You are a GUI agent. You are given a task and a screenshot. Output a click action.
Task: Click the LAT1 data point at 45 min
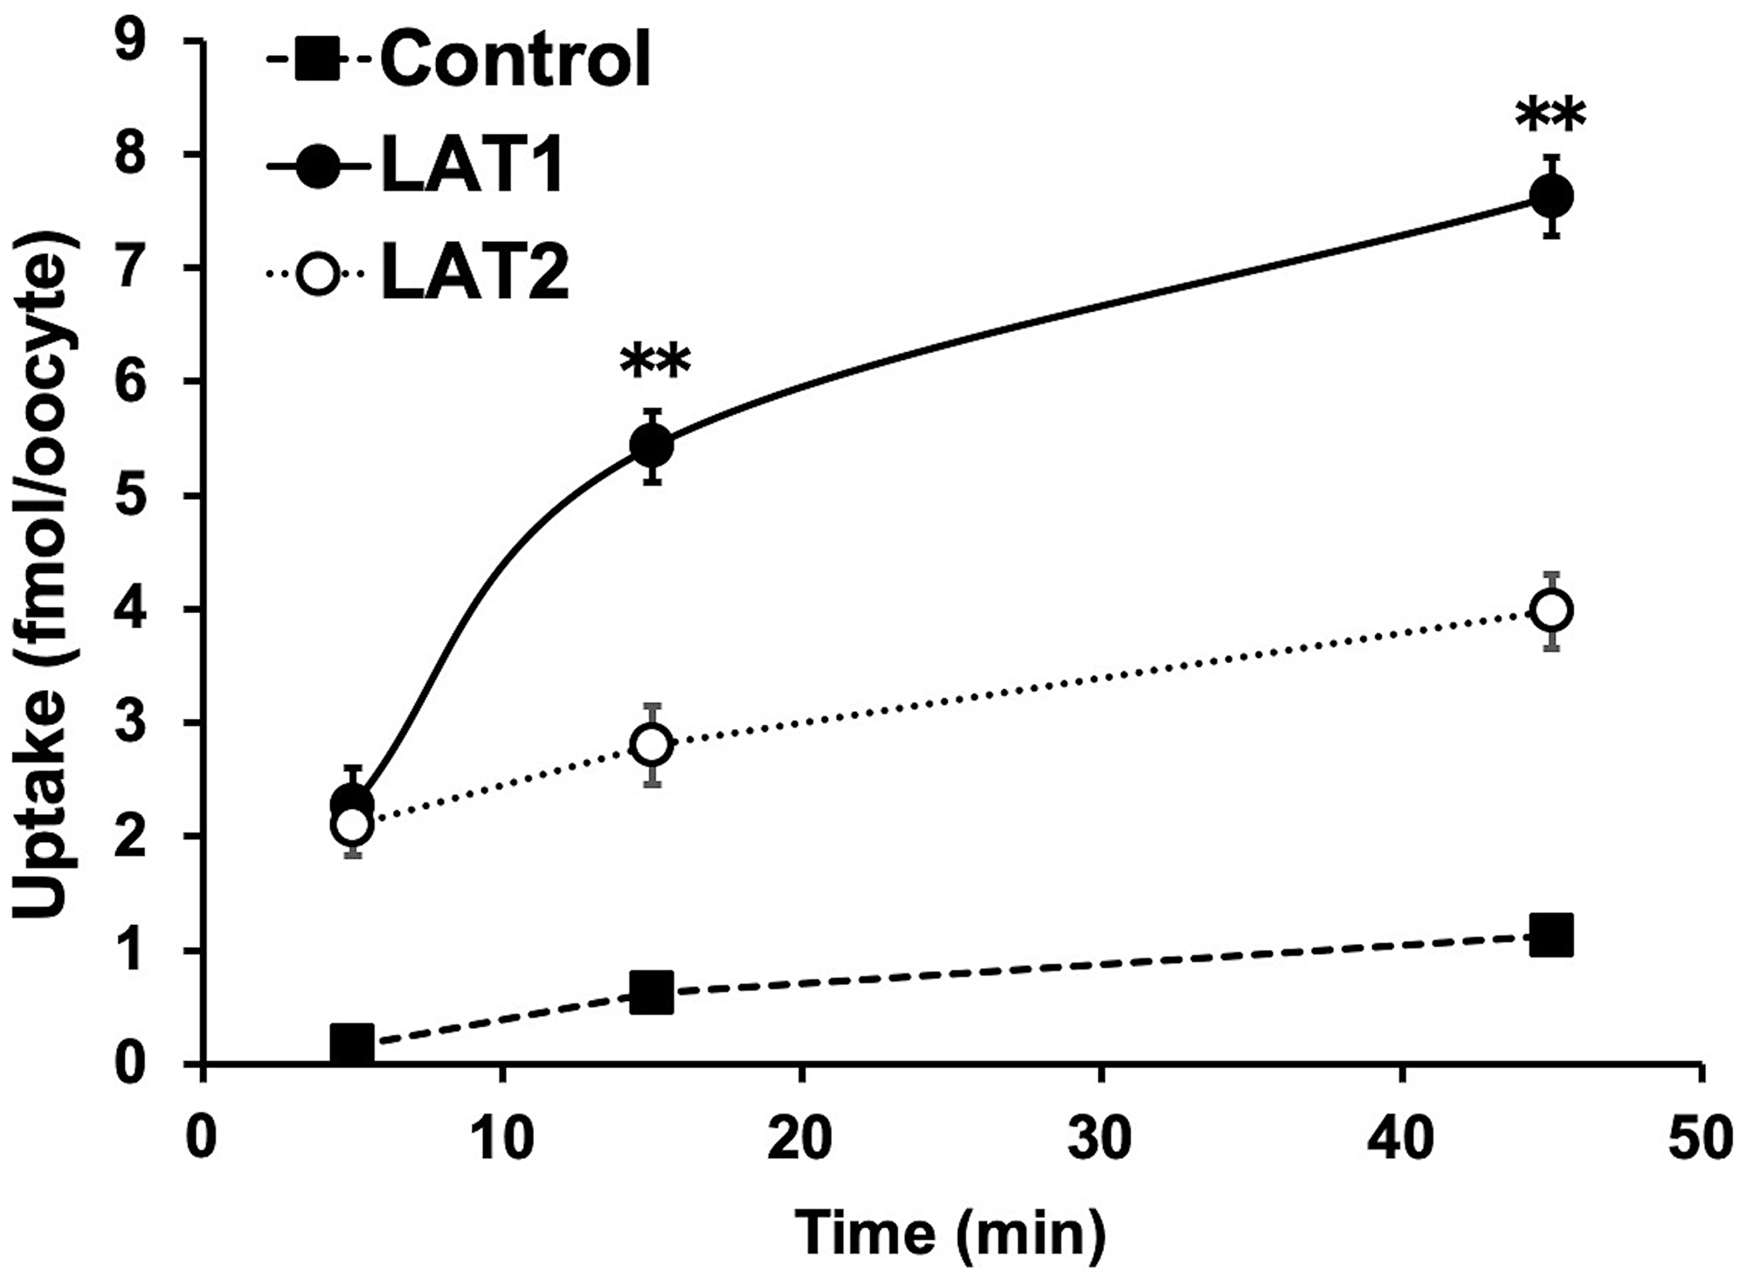[1552, 196]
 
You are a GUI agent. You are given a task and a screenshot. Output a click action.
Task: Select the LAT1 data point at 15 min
[652, 445]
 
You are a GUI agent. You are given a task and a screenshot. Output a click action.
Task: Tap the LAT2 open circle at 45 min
[1552, 610]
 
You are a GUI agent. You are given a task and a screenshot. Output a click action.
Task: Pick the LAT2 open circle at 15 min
[652, 744]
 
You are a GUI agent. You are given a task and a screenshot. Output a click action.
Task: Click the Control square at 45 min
[1552, 936]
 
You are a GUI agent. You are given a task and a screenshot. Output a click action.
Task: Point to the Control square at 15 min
[652, 993]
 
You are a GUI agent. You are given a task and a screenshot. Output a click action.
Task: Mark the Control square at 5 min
[352, 1043]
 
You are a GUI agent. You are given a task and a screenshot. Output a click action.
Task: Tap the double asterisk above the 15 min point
[655, 363]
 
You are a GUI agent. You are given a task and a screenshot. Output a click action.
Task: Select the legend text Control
[515, 59]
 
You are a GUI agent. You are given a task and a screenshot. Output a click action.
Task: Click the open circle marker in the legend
[318, 274]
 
